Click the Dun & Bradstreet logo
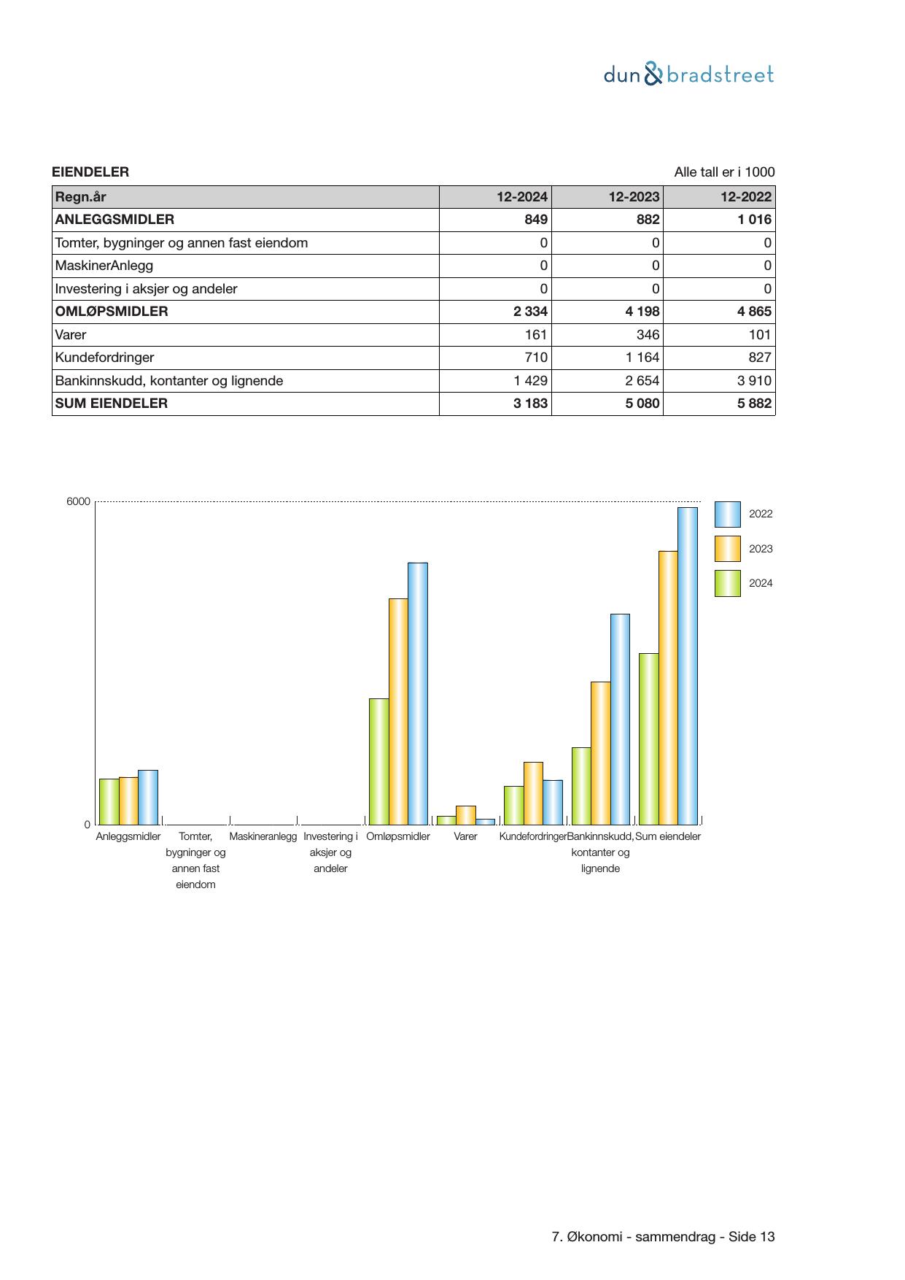pyautogui.click(x=688, y=74)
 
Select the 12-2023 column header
pyautogui.click(x=634, y=197)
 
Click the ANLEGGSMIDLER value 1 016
pyautogui.click(x=754, y=220)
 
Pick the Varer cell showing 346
pyautogui.click(x=647, y=335)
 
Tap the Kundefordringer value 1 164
pyautogui.click(x=642, y=358)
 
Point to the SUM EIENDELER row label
pyautogui.click(x=112, y=404)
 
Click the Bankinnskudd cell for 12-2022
pyautogui.click(x=754, y=381)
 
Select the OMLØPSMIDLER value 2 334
pyautogui.click(x=530, y=312)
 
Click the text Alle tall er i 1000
pyautogui.click(x=724, y=172)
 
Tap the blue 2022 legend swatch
pyautogui.click(x=727, y=514)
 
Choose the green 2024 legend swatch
pyautogui.click(x=727, y=584)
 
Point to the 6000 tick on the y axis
pyautogui.click(x=78, y=501)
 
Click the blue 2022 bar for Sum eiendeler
pyautogui.click(x=687, y=666)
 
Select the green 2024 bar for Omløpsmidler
pyautogui.click(x=378, y=761)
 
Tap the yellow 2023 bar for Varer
pyautogui.click(x=465, y=815)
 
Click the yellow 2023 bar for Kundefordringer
pyautogui.click(x=533, y=793)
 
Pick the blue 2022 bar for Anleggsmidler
pyautogui.click(x=148, y=797)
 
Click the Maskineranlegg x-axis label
pyautogui.click(x=263, y=836)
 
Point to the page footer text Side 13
pyautogui.click(x=752, y=1237)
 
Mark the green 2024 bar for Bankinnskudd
pyautogui.click(x=581, y=786)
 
